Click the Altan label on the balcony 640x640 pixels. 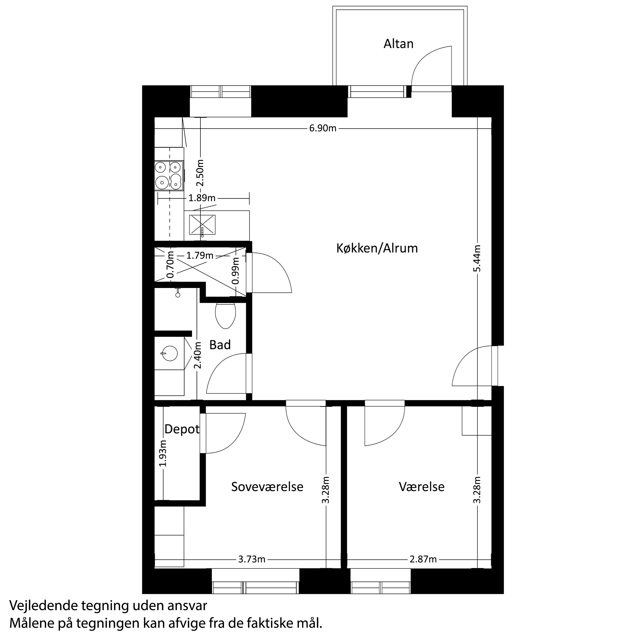(398, 44)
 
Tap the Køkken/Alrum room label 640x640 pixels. (377, 248)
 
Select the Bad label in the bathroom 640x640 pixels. (220, 345)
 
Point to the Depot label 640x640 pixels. (182, 429)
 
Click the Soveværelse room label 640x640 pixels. (267, 487)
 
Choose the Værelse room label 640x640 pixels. (421, 487)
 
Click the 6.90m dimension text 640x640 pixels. (323, 128)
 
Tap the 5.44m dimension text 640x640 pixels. (477, 258)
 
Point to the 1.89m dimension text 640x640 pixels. (202, 198)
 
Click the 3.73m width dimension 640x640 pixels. (252, 559)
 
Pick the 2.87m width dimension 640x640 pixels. (423, 559)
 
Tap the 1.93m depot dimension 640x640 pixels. (163, 453)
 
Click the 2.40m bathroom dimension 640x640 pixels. (198, 355)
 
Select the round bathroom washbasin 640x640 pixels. (170, 353)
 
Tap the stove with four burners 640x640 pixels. (169, 176)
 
